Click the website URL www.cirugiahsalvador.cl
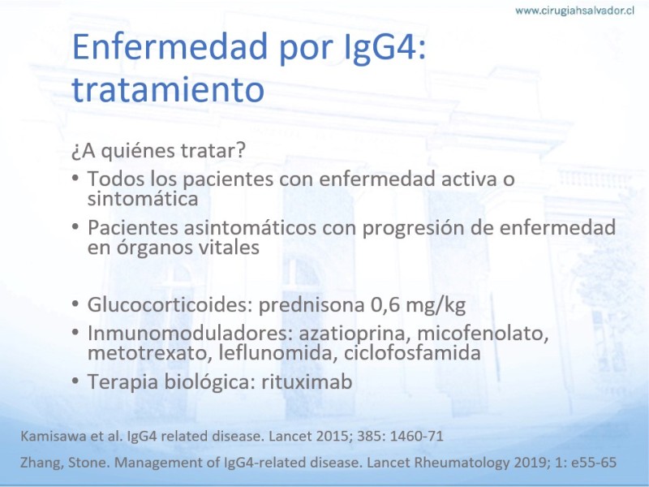574,11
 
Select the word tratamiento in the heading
168,89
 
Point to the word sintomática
143,199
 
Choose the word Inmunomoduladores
190,334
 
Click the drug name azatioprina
355,334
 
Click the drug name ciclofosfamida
412,353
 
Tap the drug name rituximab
307,381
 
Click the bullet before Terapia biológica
75,381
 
